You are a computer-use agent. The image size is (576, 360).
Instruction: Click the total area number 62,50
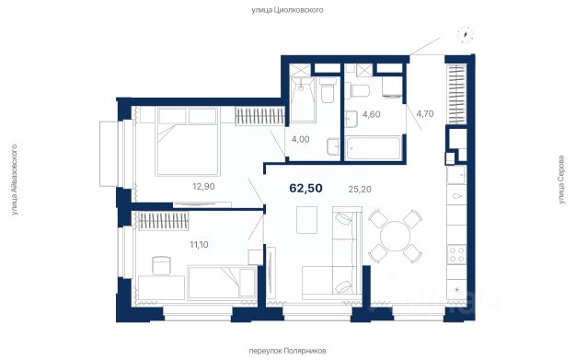tap(306, 188)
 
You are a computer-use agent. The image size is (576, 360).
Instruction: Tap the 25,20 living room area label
tap(360, 190)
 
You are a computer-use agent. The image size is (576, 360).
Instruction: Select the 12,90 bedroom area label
tap(203, 186)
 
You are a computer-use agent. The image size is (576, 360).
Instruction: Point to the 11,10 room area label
tap(199, 244)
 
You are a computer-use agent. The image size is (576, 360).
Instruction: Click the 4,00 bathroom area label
tap(301, 139)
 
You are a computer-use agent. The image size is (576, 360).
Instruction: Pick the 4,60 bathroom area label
tap(372, 114)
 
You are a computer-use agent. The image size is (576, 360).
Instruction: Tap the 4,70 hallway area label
tap(425, 114)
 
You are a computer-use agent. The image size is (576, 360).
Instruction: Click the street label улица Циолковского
tap(287, 10)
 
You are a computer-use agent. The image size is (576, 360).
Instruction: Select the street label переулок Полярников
tap(287, 351)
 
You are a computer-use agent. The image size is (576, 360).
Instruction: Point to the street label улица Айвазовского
tap(14, 180)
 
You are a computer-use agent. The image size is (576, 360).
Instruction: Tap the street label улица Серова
tap(561, 180)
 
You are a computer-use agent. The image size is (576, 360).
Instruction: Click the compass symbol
tap(466, 36)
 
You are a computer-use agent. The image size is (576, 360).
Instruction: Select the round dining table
tap(396, 236)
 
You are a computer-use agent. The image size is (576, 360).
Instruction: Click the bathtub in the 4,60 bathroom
tap(374, 148)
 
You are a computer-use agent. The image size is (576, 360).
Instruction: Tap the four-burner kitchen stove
tap(456, 254)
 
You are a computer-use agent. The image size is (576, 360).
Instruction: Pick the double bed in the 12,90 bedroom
tap(188, 142)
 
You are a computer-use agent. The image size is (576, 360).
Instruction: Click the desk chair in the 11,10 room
tap(161, 265)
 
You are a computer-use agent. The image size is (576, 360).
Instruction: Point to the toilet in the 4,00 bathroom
tap(328, 90)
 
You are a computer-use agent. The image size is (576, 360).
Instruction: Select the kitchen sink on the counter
tap(456, 174)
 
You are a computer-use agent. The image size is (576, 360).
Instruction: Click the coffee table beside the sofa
tap(306, 220)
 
